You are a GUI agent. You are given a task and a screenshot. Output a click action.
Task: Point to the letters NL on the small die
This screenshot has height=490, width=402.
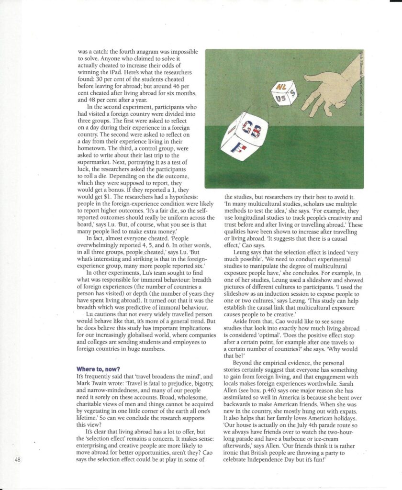tap(278, 86)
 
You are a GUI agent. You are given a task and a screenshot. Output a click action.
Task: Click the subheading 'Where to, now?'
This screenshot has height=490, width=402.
tap(99, 369)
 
